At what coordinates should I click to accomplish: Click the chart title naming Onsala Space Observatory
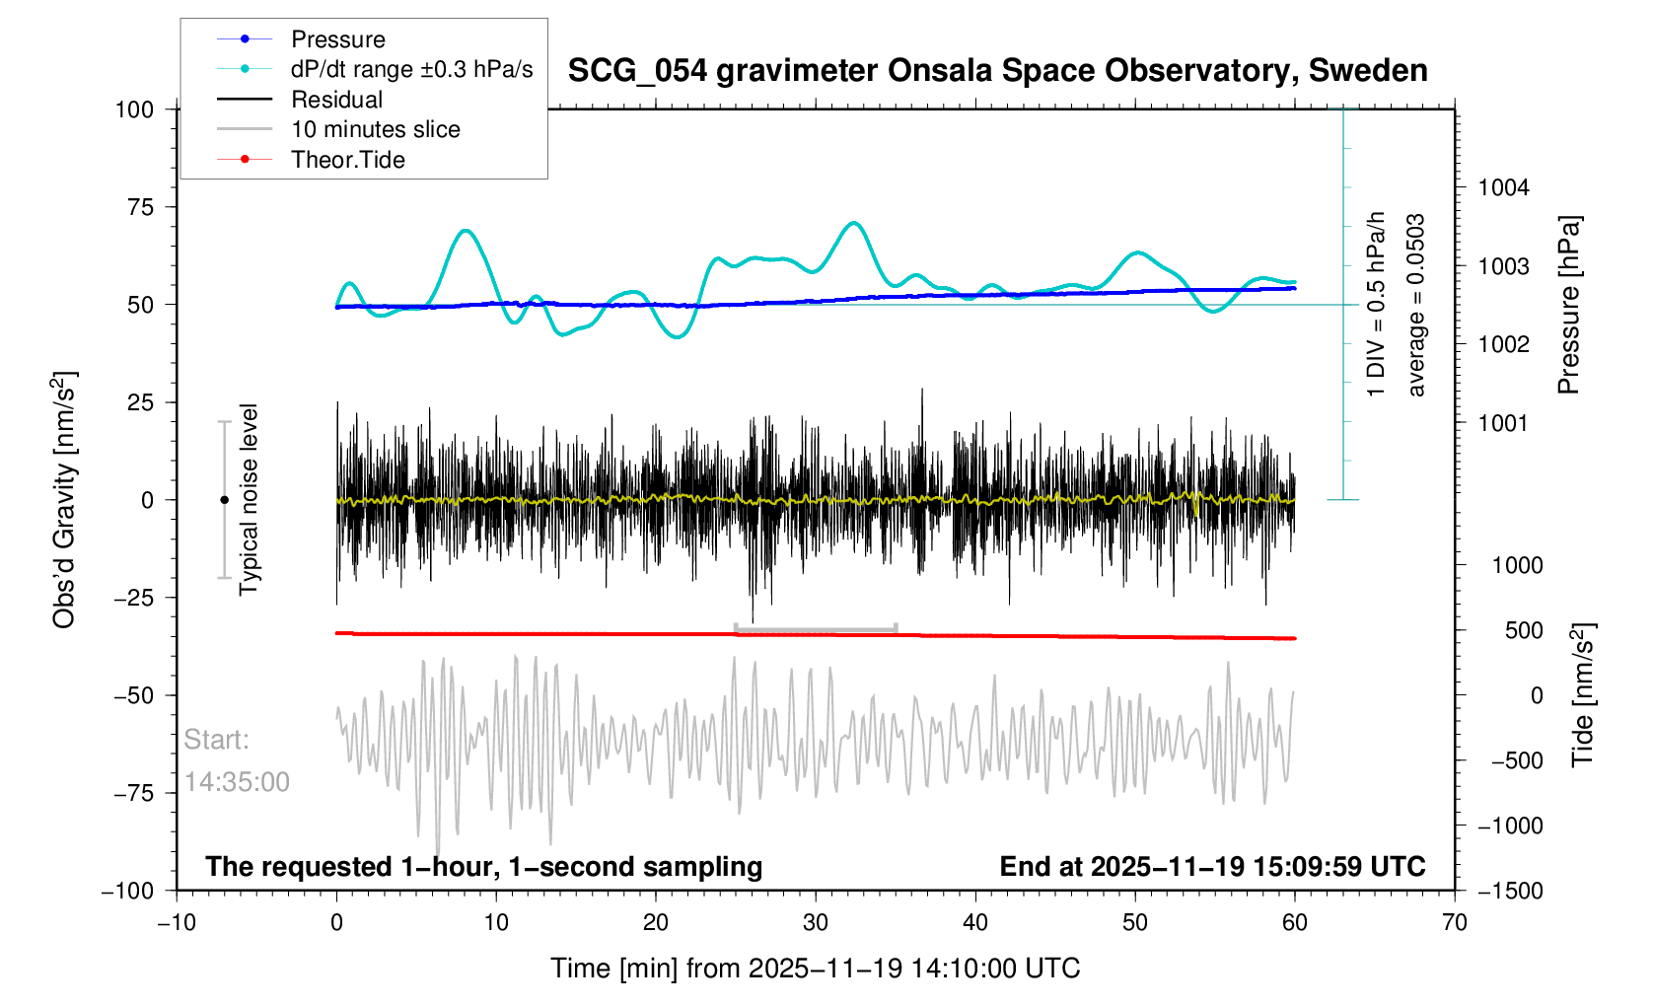click(x=997, y=71)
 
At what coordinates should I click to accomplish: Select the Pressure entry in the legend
click(x=337, y=39)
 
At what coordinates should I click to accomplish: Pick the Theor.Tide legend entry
click(x=347, y=160)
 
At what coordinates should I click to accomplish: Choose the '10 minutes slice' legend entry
click(x=375, y=129)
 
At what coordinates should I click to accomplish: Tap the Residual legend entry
click(x=336, y=100)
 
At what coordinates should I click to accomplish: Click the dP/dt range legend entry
click(x=411, y=69)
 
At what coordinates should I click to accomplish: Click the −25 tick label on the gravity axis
click(x=133, y=598)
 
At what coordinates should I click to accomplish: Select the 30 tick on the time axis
click(x=816, y=923)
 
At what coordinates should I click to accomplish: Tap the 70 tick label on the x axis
click(x=1454, y=923)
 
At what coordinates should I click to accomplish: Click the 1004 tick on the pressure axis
click(x=1503, y=188)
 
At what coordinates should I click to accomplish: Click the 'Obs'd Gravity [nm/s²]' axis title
click(x=65, y=500)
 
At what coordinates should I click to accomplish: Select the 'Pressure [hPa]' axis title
click(x=1568, y=305)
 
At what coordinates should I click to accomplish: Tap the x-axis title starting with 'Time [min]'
click(x=815, y=969)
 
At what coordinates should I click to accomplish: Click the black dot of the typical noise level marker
click(x=224, y=500)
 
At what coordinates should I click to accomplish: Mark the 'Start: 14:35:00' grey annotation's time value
click(x=237, y=782)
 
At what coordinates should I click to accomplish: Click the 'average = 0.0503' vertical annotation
click(x=1416, y=305)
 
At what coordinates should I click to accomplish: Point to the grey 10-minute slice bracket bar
click(x=816, y=628)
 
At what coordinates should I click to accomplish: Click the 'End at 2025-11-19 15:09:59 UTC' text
click(x=1212, y=867)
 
